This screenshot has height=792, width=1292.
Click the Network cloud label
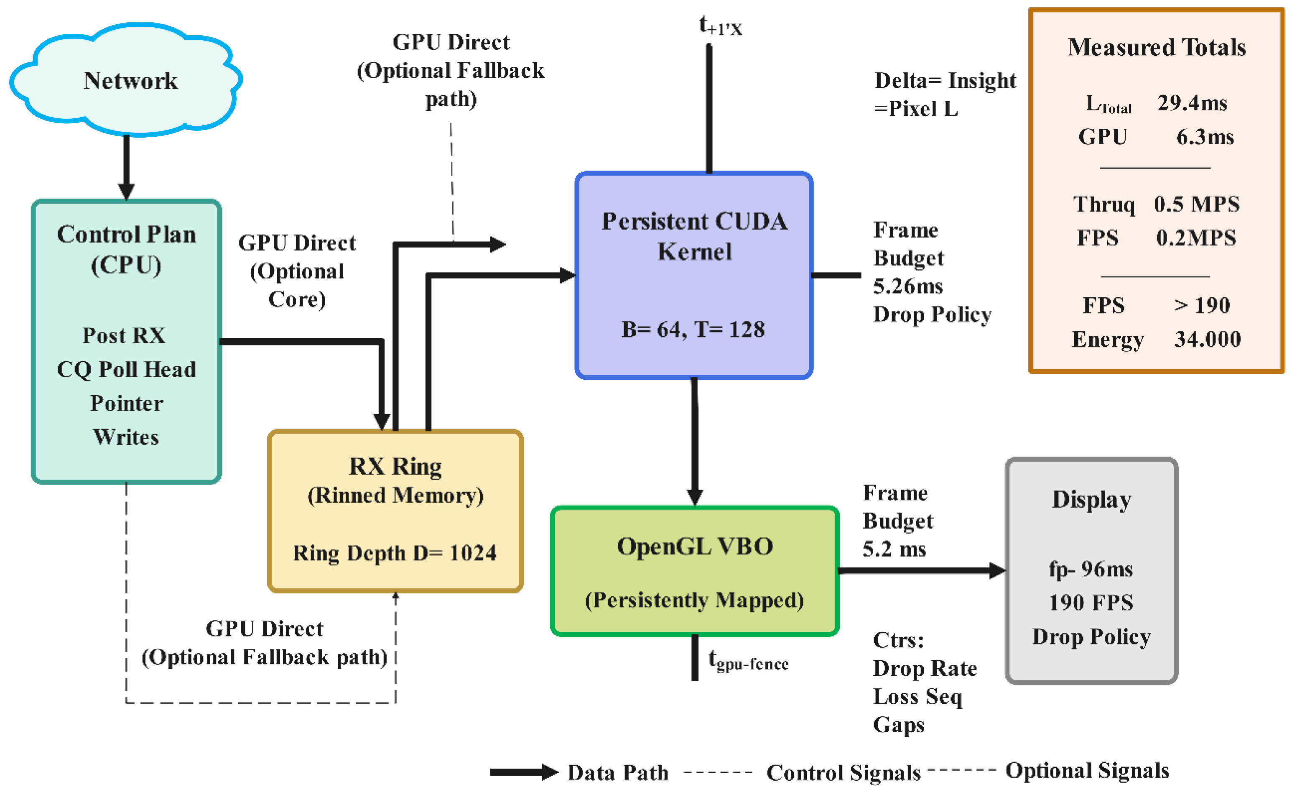(x=130, y=81)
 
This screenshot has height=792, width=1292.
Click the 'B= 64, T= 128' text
(x=693, y=330)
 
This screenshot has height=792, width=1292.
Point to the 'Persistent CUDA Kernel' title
(x=694, y=236)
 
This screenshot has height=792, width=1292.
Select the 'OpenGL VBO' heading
(x=695, y=547)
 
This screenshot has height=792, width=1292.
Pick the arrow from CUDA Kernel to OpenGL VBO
(x=695, y=442)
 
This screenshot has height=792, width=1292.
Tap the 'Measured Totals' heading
(x=1157, y=47)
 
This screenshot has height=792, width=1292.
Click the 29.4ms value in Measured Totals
(x=1193, y=103)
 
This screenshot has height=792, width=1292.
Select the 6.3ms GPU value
(x=1205, y=137)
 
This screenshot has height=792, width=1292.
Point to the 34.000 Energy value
(x=1208, y=340)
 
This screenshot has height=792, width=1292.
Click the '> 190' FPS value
(x=1202, y=305)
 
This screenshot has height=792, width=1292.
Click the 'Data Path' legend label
(x=618, y=773)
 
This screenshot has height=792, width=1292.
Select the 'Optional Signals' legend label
(x=1088, y=771)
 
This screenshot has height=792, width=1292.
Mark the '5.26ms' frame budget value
(x=907, y=286)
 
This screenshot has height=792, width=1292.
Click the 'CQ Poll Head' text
(x=126, y=370)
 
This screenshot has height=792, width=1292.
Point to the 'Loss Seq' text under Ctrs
(x=917, y=697)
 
